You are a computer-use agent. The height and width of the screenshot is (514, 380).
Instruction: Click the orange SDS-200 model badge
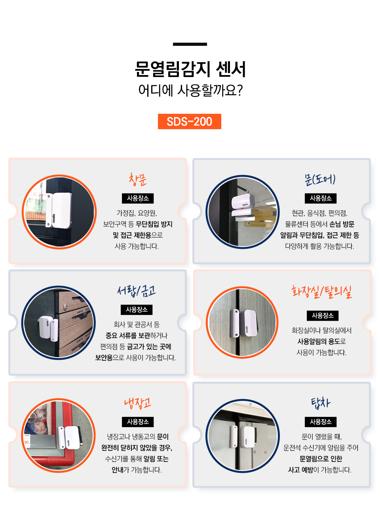[189, 121]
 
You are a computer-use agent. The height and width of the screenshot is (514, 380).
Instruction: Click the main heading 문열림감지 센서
[190, 69]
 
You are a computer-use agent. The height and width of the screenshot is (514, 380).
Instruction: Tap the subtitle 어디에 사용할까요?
[190, 90]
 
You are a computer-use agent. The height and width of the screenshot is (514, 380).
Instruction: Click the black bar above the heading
[190, 44]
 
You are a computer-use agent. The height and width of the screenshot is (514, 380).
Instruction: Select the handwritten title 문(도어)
[320, 180]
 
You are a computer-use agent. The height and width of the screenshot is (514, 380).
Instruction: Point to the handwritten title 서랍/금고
[136, 291]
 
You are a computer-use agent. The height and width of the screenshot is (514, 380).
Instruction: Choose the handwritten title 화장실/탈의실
[322, 292]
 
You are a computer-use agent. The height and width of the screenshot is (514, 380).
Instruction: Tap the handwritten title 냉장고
[137, 403]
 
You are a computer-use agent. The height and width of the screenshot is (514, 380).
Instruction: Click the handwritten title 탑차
[321, 403]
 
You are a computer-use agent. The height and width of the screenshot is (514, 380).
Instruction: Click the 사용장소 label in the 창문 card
[138, 198]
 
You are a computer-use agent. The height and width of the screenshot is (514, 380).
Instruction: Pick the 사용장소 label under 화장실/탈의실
[322, 315]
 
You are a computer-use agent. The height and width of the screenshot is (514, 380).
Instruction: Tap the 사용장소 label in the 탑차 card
[321, 422]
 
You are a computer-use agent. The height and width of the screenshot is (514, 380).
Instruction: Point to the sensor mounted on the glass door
[243, 207]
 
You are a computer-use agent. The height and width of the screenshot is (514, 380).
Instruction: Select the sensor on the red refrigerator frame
[69, 437]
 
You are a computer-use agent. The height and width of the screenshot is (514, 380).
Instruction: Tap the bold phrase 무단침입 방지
[154, 224]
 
